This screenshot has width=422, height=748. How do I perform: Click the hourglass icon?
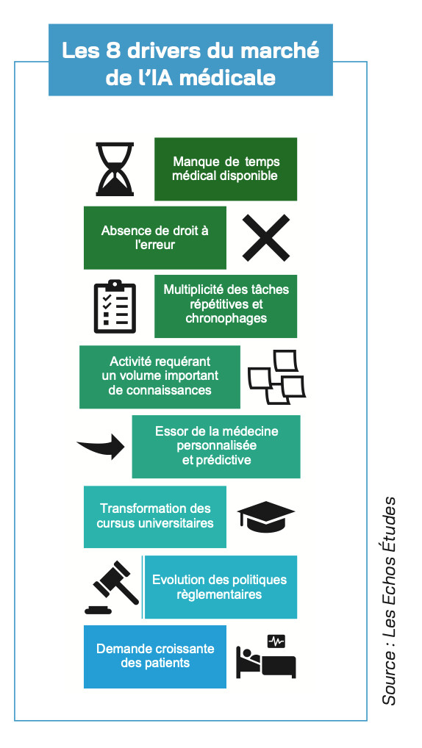point(115,169)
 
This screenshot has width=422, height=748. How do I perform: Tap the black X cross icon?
point(266,237)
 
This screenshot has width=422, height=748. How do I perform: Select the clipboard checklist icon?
point(115,306)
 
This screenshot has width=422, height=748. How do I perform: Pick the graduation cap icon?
point(266,516)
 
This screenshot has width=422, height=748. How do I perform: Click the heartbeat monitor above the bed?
point(276,641)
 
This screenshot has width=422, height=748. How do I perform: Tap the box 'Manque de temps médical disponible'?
point(225,169)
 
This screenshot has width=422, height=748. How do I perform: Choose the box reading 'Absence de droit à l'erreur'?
point(154,237)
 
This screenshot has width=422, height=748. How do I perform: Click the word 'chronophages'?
point(226,318)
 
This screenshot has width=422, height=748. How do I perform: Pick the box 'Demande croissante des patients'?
point(154,656)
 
